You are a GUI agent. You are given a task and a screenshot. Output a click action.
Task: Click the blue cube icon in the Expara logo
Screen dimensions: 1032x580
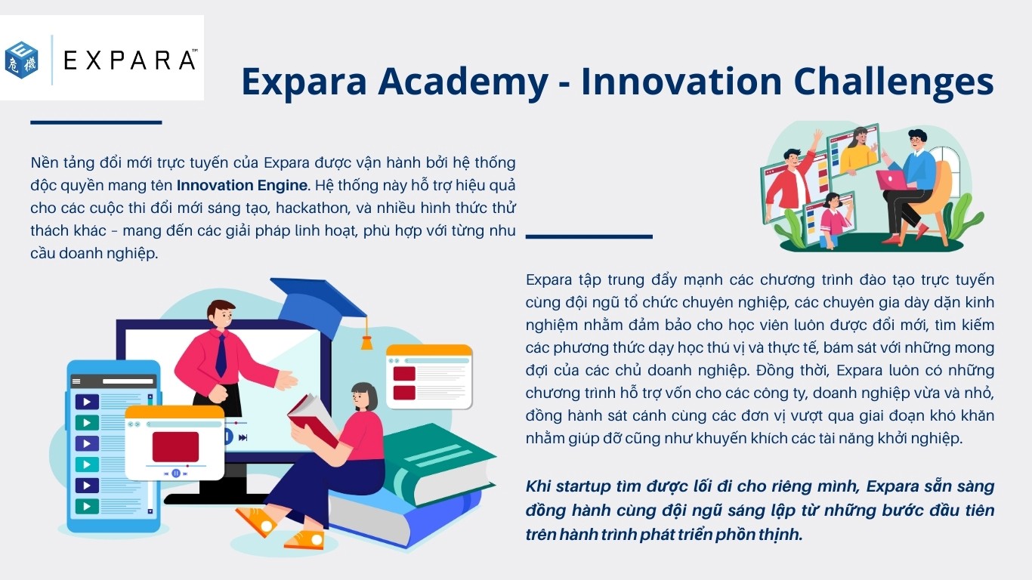21,60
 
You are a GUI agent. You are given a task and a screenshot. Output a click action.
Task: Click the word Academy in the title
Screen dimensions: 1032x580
463,82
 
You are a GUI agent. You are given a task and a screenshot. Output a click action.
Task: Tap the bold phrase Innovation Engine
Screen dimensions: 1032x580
242,185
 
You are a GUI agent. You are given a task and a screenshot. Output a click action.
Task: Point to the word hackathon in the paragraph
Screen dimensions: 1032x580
312,208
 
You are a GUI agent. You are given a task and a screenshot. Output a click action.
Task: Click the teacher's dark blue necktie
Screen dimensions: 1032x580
221,355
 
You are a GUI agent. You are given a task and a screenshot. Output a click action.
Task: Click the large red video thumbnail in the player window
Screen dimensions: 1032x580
175,446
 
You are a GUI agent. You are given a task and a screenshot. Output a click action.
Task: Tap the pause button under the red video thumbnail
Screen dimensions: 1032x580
176,473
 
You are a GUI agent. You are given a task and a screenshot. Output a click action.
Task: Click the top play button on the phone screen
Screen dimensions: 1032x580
87,402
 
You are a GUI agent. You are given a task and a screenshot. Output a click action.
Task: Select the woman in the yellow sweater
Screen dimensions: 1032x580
857,151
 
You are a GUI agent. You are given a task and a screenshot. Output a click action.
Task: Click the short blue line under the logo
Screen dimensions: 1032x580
96,122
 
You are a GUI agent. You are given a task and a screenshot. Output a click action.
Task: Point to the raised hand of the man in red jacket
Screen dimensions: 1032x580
817,137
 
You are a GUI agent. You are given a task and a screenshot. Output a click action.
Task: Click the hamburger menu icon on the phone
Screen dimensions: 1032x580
76,381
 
